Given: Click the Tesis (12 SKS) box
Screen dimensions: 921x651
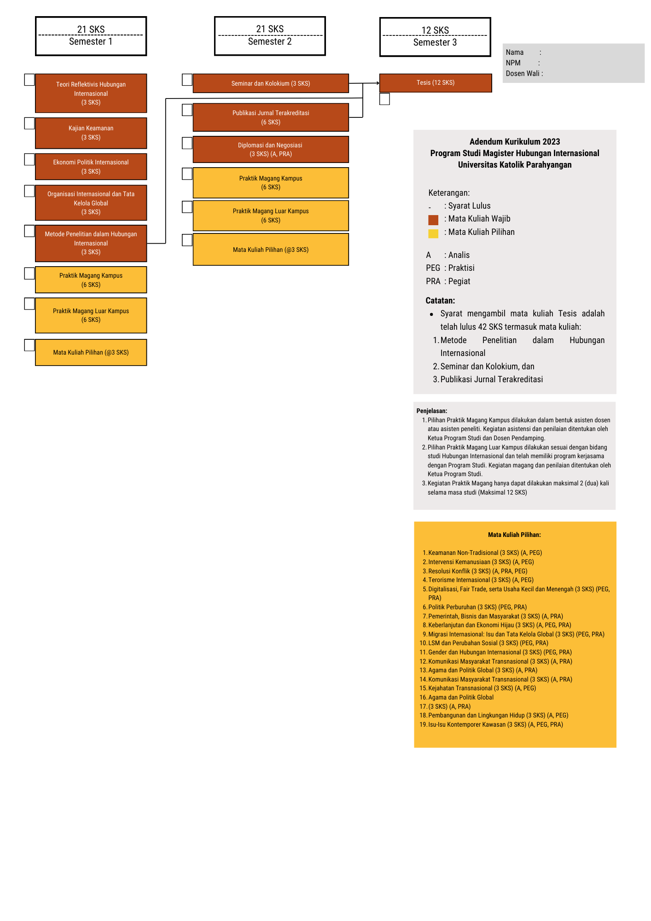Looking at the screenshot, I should [435, 83].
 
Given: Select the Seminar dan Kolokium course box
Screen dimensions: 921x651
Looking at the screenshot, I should [271, 83].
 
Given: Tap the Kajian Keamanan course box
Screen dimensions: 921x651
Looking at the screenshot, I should [91, 133].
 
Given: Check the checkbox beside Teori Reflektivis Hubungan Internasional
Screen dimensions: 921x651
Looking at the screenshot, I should [29, 80].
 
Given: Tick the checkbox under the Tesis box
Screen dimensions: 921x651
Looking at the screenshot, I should [384, 99].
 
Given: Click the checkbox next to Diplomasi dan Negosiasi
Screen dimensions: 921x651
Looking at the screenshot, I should [187, 143].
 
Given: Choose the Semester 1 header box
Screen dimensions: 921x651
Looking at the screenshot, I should [91, 36].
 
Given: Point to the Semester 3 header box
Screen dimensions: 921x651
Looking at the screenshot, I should [435, 37].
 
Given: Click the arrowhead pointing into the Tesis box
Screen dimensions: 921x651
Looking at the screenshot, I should [378, 83].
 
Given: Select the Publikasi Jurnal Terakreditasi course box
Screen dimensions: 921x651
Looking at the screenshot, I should [271, 117].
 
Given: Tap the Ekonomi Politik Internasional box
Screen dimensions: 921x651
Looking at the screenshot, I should [91, 167].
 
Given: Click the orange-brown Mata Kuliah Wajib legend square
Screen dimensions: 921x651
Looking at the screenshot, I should [433, 220].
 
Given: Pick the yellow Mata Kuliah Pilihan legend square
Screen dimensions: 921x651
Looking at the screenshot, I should [433, 233].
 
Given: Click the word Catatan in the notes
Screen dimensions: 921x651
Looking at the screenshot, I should [440, 301].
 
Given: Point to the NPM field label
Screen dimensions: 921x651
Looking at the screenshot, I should [513, 63].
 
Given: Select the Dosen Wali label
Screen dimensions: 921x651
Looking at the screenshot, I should [523, 74].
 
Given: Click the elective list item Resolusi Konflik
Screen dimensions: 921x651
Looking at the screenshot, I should [477, 571].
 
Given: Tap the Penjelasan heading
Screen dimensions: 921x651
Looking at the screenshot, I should [431, 411].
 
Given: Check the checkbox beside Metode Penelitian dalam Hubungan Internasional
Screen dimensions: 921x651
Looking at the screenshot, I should [29, 231].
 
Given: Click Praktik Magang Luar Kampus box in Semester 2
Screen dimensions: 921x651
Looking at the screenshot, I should [271, 216].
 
